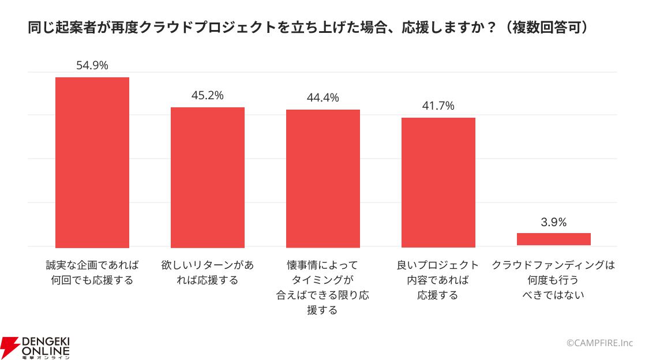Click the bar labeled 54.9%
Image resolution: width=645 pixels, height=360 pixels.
tap(92, 163)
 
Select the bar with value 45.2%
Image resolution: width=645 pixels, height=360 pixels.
tap(208, 177)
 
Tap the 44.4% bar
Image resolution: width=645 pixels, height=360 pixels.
tap(323, 179)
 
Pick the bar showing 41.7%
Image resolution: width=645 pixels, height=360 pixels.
tap(438, 183)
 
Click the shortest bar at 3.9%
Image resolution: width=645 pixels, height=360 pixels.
tap(554, 239)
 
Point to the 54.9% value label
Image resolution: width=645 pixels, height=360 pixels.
tap(92, 65)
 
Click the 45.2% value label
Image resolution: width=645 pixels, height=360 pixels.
tap(208, 95)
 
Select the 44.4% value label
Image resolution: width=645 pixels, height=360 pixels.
tap(323, 98)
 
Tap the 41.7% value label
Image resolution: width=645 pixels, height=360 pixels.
tap(438, 106)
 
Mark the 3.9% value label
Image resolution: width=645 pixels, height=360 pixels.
tap(554, 222)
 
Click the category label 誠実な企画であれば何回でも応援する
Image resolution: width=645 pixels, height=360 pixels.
tap(92, 272)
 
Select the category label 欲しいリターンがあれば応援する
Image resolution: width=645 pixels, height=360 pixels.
tap(208, 272)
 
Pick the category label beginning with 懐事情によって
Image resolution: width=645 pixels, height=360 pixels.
tap(323, 287)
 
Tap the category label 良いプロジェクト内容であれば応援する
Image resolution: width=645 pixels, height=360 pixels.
tap(438, 280)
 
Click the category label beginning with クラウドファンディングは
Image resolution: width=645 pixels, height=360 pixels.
tap(554, 280)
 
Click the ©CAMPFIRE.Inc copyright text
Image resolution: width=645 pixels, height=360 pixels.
tap(600, 343)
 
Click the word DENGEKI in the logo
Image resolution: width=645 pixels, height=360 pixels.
tap(46, 342)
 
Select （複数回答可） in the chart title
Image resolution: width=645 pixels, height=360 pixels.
tap(546, 28)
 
